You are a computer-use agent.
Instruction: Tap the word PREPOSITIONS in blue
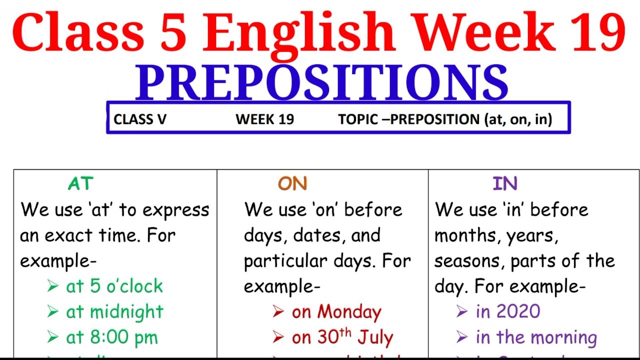321,82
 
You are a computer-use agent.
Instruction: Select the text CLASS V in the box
140,119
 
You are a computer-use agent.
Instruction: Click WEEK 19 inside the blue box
264,119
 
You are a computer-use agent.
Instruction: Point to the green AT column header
80,184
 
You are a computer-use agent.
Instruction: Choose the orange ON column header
292,184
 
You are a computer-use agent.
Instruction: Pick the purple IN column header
504,184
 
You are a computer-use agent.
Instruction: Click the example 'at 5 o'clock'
114,286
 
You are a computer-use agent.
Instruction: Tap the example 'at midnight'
115,312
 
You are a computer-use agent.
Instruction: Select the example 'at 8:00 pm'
112,337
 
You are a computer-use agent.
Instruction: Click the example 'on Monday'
336,312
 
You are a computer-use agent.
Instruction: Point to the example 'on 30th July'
342,337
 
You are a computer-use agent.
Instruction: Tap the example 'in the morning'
536,337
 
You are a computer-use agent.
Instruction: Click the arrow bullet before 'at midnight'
52,312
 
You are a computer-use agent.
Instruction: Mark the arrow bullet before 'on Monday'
278,312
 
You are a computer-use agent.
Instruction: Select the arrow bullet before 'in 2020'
462,312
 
